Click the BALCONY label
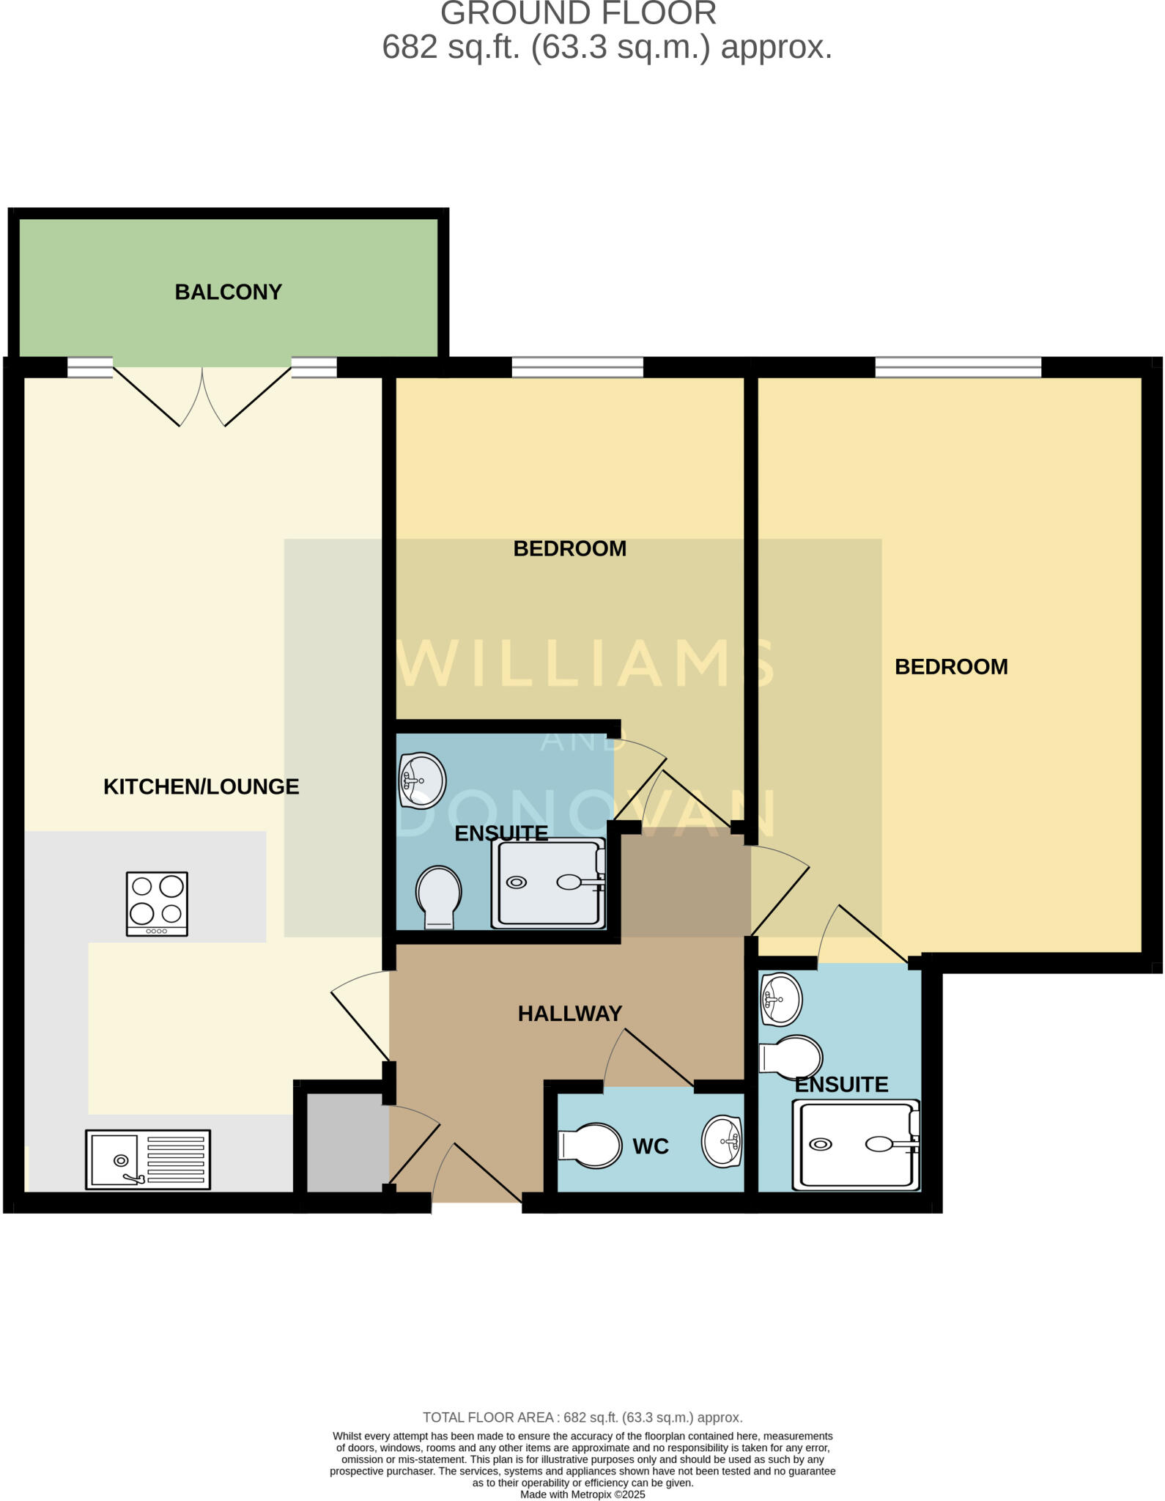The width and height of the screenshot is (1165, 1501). point(228,292)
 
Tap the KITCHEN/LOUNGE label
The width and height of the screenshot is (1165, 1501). point(201,786)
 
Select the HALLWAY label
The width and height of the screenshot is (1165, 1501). point(570,1013)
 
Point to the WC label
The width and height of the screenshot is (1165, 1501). point(651,1146)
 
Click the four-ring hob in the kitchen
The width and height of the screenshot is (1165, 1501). point(157,904)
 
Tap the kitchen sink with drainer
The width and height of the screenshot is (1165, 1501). point(148,1159)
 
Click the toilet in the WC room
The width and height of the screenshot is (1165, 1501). point(590,1145)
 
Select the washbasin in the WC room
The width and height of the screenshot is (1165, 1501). point(722,1141)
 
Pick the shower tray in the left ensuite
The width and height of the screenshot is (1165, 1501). point(549,883)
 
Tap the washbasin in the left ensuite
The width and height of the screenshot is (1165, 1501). point(422,780)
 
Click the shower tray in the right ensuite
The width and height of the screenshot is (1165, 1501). point(856,1144)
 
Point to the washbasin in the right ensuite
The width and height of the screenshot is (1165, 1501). point(781,999)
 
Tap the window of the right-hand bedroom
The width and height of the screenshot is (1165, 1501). point(958,366)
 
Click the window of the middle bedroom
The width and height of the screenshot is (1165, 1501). point(577,366)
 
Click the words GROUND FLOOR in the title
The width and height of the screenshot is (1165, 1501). point(578,13)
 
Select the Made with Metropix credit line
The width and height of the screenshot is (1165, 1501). point(582,1494)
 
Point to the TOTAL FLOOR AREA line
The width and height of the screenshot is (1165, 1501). point(582,1417)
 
